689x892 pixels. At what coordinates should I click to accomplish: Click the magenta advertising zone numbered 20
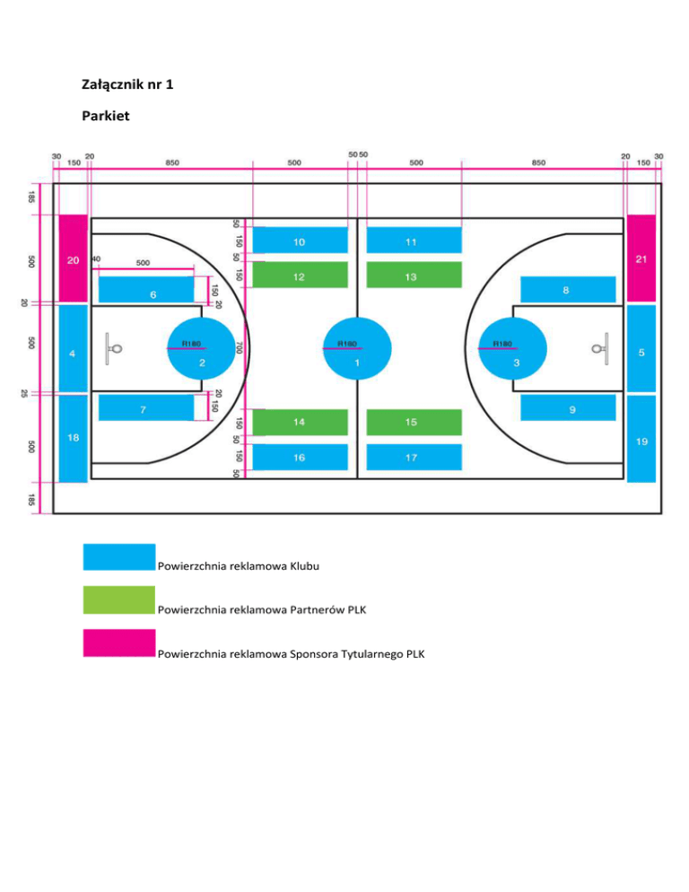[x=73, y=258]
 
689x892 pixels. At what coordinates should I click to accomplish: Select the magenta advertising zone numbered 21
[x=641, y=258]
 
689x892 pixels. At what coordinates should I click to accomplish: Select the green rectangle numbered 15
[x=414, y=421]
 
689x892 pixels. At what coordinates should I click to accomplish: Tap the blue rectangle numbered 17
[x=414, y=457]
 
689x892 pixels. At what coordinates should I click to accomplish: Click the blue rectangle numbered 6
[x=145, y=289]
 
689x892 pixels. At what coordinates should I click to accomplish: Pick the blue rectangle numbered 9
[x=569, y=408]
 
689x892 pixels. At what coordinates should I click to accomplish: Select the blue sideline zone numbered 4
[x=73, y=348]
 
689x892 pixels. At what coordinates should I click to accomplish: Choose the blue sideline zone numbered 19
[x=641, y=438]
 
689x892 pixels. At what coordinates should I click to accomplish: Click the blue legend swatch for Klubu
[x=118, y=556]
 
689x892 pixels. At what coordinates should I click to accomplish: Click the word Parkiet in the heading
[x=106, y=117]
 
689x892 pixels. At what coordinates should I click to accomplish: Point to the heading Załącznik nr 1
[x=126, y=88]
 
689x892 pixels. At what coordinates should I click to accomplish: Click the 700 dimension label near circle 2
[x=240, y=346]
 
